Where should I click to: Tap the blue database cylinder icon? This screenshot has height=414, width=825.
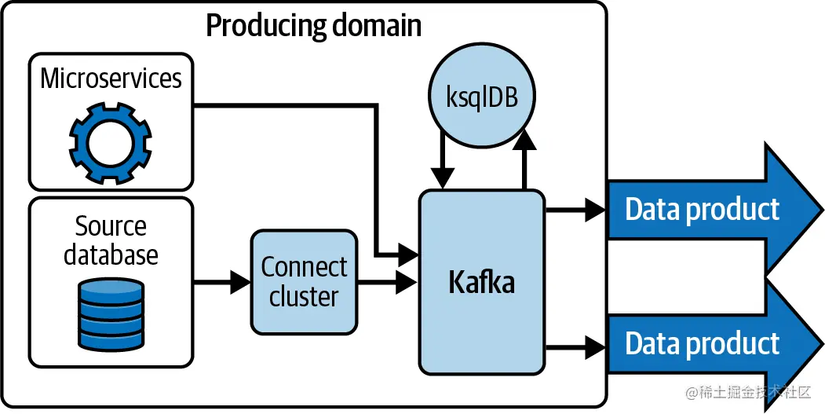click(x=111, y=314)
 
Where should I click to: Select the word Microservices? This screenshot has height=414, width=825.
click(x=111, y=79)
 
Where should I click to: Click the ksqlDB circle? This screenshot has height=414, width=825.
click(x=483, y=100)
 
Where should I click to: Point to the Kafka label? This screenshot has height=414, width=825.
click(x=481, y=282)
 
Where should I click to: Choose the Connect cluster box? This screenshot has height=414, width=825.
click(x=304, y=282)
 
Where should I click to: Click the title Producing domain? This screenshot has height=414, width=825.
click(x=313, y=26)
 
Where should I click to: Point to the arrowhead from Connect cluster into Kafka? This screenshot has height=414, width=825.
click(x=408, y=282)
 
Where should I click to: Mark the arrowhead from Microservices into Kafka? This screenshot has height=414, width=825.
click(x=408, y=254)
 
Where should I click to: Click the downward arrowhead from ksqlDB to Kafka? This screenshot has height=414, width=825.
click(x=444, y=179)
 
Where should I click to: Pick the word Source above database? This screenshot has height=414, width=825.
click(x=111, y=226)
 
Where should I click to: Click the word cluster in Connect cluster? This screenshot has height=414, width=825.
click(x=304, y=297)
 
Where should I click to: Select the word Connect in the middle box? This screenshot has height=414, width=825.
click(x=304, y=267)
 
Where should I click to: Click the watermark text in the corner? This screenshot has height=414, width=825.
click(x=747, y=392)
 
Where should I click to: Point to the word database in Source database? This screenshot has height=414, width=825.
click(x=111, y=255)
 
